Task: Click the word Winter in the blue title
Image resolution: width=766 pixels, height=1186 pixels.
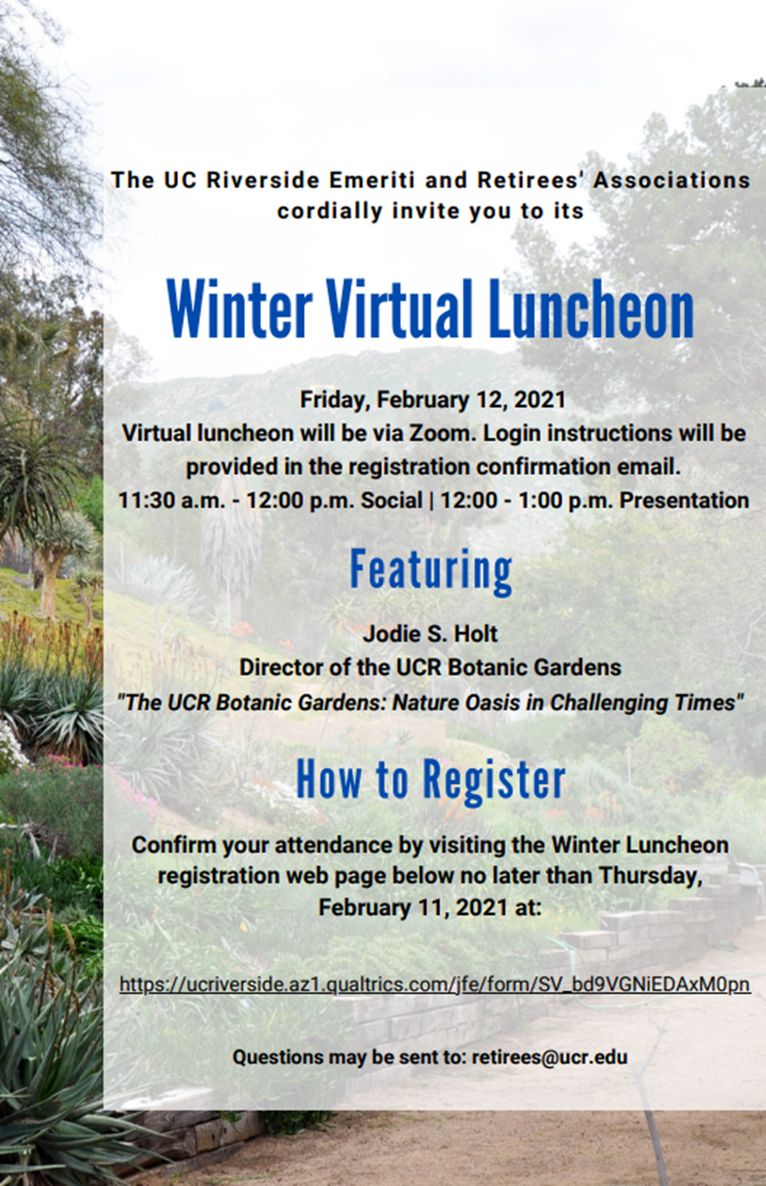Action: tap(239, 309)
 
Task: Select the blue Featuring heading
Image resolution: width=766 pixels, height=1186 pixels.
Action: tap(431, 571)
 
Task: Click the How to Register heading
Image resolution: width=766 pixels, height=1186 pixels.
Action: tap(430, 780)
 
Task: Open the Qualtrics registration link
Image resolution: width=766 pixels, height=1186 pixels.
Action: tap(435, 985)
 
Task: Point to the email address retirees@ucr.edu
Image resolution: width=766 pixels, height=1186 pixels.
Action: tap(550, 1057)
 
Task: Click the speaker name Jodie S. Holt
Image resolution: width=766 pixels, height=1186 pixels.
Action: tap(430, 633)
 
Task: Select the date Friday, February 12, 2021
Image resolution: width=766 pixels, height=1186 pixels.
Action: tap(433, 399)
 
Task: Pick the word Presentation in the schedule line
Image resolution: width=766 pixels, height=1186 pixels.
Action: tap(684, 500)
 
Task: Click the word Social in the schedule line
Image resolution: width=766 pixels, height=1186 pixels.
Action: tap(391, 500)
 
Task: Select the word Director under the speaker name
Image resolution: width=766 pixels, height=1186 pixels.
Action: tap(281, 667)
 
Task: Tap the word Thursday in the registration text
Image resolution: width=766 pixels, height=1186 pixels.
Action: tap(651, 876)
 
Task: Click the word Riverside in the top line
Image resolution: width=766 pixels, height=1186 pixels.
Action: tap(263, 180)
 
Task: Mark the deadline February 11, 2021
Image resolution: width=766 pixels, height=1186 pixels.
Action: tap(413, 907)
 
